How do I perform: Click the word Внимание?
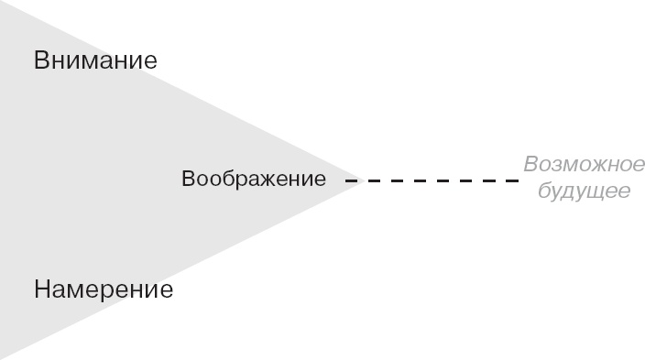pyautogui.click(x=95, y=61)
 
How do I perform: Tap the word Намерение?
pyautogui.click(x=103, y=290)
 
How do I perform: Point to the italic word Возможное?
pyautogui.click(x=585, y=166)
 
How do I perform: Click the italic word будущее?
pyautogui.click(x=585, y=192)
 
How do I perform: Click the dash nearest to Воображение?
pyautogui.click(x=350, y=181)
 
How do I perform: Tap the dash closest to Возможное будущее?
pyautogui.click(x=513, y=181)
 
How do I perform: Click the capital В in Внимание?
pyautogui.click(x=42, y=61)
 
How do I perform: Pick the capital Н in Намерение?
pyautogui.click(x=43, y=290)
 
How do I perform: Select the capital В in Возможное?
pyautogui.click(x=531, y=166)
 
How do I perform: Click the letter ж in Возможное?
pyautogui.click(x=587, y=167)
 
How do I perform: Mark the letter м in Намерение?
pyautogui.click(x=76, y=291)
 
